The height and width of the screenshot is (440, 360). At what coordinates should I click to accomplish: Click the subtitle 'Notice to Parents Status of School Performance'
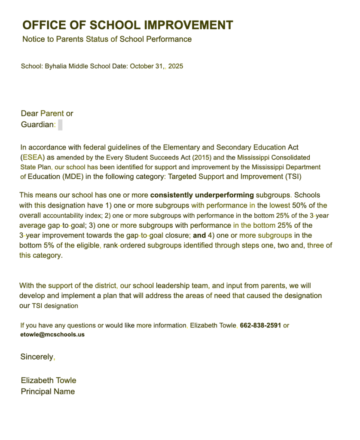click(x=107, y=40)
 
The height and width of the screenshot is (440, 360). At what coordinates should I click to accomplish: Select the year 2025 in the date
click(x=176, y=67)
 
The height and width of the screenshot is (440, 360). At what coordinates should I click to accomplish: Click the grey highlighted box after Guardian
click(x=61, y=125)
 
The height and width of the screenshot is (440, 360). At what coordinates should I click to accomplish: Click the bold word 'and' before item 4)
click(x=199, y=235)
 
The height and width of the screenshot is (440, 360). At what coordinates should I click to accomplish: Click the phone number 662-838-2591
click(x=260, y=326)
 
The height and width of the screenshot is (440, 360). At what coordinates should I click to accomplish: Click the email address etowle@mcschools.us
click(x=52, y=335)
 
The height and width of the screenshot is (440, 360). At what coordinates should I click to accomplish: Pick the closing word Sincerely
click(x=37, y=357)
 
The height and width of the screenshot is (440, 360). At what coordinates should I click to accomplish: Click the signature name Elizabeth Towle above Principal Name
click(x=49, y=381)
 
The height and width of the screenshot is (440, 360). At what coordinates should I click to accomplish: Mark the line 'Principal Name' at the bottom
click(x=48, y=392)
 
